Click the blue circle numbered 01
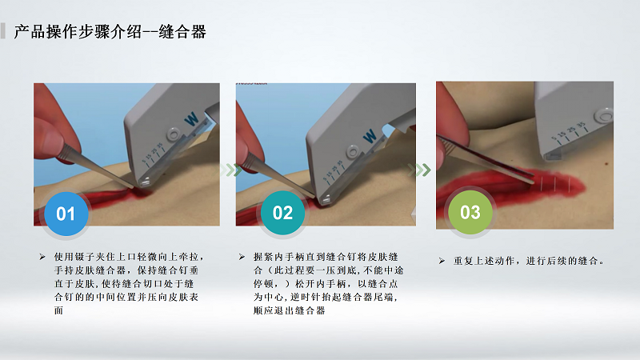click(66, 214)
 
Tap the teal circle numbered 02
click(282, 213)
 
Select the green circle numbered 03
click(470, 212)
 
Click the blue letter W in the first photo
click(191, 119)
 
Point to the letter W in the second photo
click(370, 136)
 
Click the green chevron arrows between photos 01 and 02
click(231, 170)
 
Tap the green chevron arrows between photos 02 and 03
click(419, 170)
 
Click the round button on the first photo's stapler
click(174, 134)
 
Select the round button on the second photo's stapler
click(353, 152)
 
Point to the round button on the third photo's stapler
click(604, 115)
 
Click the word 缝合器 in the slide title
click(182, 32)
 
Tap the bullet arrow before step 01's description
click(42, 257)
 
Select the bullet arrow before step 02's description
click(242, 257)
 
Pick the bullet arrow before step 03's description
click(442, 261)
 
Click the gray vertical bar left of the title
click(3, 31)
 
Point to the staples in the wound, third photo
click(555, 184)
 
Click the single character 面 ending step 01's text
click(58, 310)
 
